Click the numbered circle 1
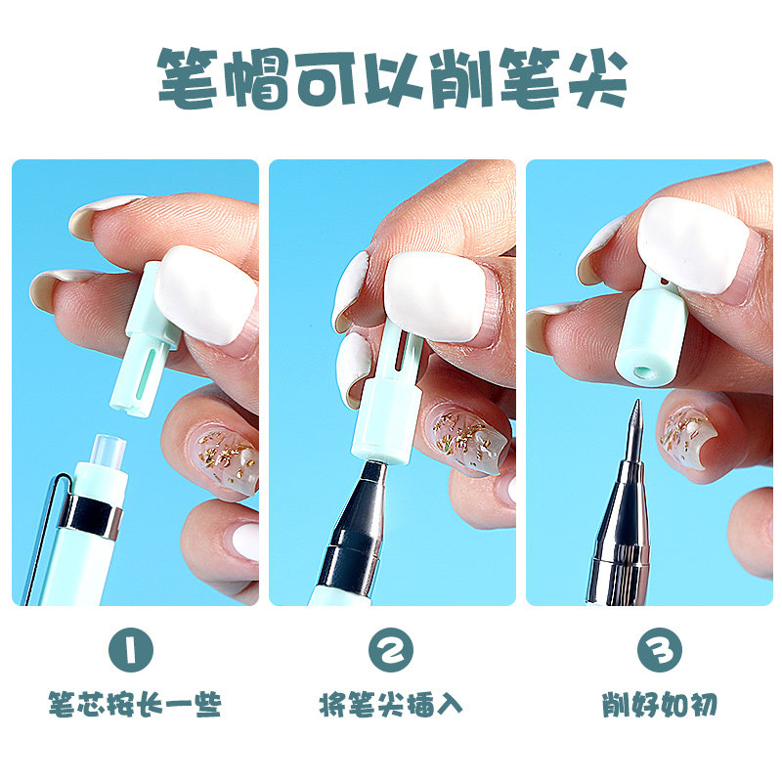coord(131,650)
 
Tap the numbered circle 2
coord(390,650)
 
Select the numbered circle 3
coord(659,650)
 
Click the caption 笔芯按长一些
coord(135,704)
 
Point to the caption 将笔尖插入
coord(390,704)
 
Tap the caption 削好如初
coord(659,704)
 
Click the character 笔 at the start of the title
coord(188,78)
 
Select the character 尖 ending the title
coord(597,78)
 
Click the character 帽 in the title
coord(257,78)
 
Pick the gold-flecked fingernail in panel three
coord(686,434)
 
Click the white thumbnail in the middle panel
coord(435,297)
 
